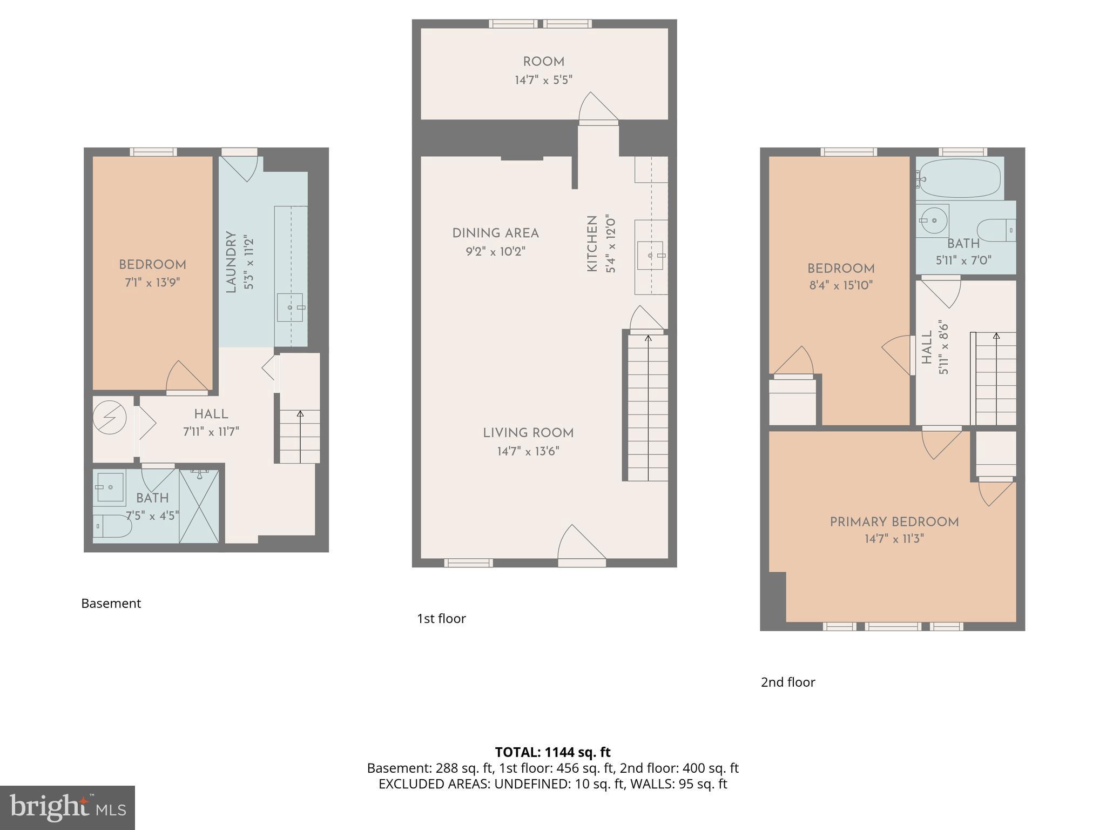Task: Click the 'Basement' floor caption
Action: [x=111, y=603]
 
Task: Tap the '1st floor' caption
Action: [x=441, y=618]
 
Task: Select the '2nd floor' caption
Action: [x=788, y=682]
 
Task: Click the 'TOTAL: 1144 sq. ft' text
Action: [x=552, y=752]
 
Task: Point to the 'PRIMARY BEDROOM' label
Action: [x=894, y=522]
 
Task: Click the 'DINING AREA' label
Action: [x=495, y=233]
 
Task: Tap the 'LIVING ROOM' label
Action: [x=528, y=433]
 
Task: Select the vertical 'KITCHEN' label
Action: [x=592, y=244]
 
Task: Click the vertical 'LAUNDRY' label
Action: [x=231, y=262]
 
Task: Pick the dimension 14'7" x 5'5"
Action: [x=543, y=80]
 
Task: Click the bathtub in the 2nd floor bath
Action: [x=959, y=178]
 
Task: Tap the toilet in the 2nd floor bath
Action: [x=996, y=230]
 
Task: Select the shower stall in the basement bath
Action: [x=199, y=506]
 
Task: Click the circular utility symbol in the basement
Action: [x=110, y=417]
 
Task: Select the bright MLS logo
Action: [x=68, y=807]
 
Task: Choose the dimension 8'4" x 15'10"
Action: [x=841, y=285]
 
